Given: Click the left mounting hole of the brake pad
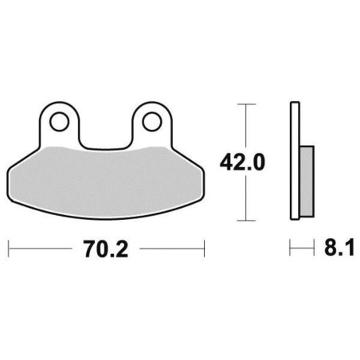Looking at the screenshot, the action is click(x=59, y=122).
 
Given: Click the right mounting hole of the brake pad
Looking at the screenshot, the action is click(x=152, y=122).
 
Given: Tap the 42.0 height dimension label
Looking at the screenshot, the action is click(x=242, y=162).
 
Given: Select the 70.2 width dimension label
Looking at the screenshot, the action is click(x=106, y=248).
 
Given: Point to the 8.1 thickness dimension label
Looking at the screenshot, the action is click(x=339, y=248).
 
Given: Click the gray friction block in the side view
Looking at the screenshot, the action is click(x=307, y=182).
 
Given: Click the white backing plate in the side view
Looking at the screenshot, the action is click(x=295, y=161).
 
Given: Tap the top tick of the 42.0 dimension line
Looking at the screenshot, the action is click(x=246, y=104).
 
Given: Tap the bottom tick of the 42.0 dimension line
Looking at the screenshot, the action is click(x=246, y=220).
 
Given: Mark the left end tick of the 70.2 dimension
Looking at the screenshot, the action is click(x=9, y=248).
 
